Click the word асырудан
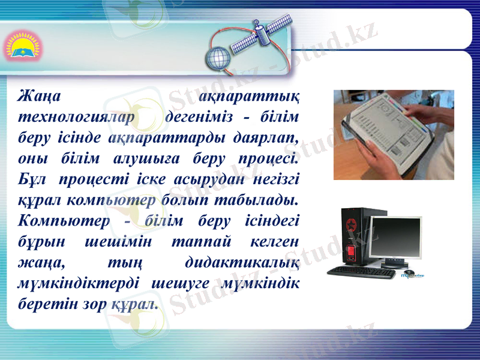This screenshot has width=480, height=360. (x=211, y=179)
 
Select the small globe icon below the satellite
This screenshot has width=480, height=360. (x=216, y=59)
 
